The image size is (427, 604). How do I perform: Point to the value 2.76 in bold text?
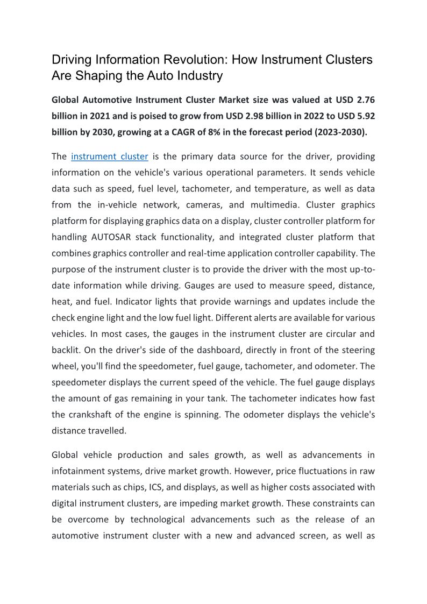tap(364, 100)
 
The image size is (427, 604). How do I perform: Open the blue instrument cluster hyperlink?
tap(110, 157)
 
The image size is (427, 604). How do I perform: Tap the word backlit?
tap(65, 350)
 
